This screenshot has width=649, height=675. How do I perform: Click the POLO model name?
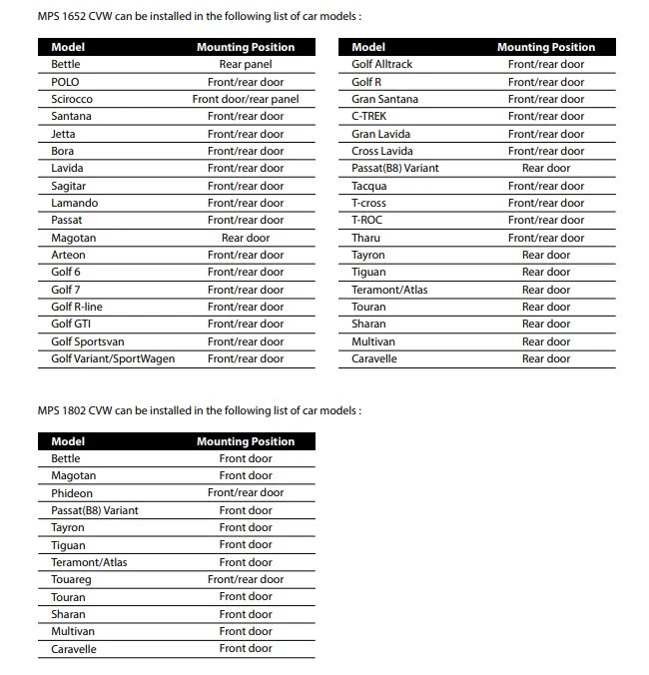65,82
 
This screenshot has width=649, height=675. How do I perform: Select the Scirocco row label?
71,99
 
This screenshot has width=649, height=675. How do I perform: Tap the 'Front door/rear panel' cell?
246,99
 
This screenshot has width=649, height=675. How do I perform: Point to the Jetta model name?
63,134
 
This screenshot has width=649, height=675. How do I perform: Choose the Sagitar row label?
68,186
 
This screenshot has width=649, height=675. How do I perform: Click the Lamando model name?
74,203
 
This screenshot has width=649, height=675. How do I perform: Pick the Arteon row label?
68,255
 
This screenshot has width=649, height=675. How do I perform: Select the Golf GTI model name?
70,324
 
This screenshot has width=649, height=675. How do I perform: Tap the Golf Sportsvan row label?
88,341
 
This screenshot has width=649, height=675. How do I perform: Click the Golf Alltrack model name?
381,64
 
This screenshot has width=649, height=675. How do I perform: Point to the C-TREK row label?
368,116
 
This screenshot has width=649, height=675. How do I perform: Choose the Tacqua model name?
368,186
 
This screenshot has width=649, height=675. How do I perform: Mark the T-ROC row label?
366,220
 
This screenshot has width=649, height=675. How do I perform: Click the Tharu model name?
365,238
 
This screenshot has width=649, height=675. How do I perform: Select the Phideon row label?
72,493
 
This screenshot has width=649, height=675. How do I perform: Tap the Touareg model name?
72,579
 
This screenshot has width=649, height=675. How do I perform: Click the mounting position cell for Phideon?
246,493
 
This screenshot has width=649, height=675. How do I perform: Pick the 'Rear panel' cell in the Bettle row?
246,64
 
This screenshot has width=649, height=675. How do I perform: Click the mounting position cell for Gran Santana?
546,99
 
